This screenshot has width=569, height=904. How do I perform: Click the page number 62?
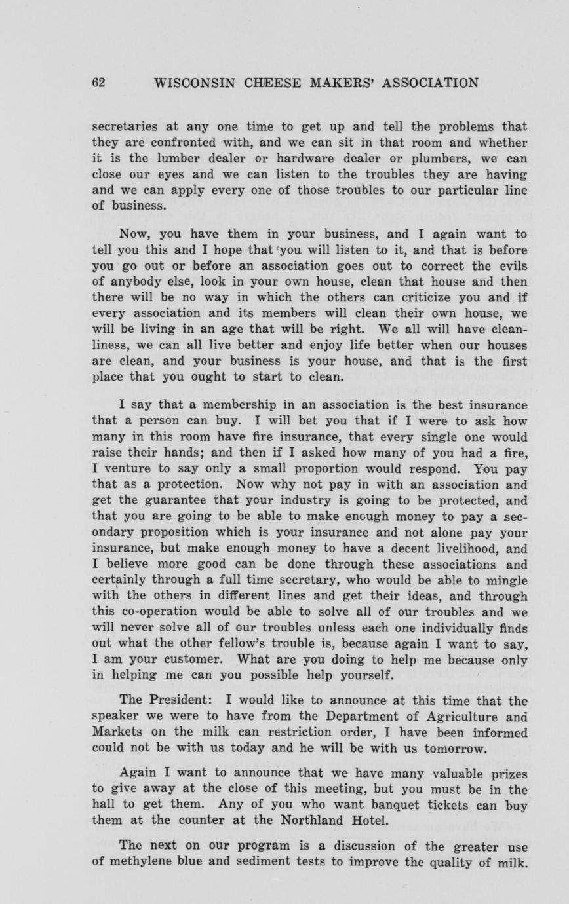[98, 83]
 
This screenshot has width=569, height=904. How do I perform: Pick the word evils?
[511, 266]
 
